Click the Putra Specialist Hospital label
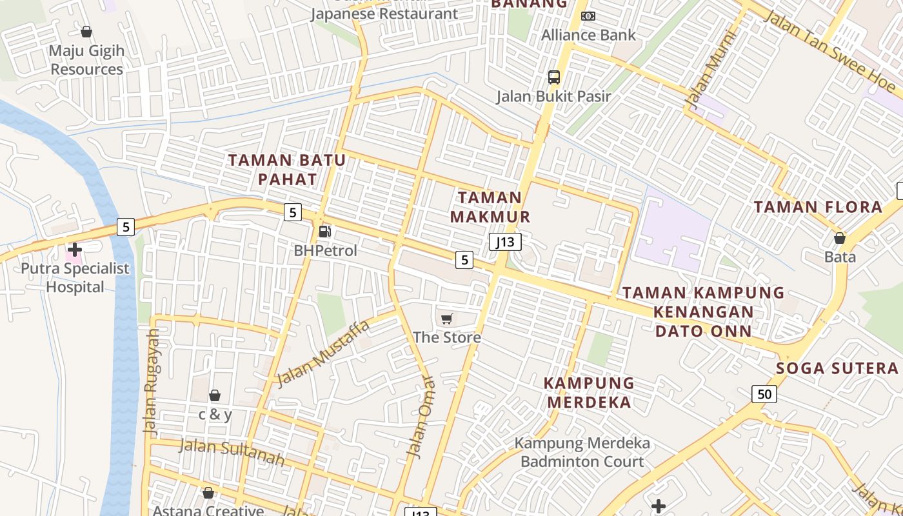[75, 278]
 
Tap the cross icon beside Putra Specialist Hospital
[75, 249]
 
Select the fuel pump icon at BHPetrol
[325, 231]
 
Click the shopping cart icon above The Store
[446, 318]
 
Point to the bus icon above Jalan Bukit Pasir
[553, 77]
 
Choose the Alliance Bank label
[588, 35]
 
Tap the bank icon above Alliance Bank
[588, 15]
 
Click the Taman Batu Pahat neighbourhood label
[287, 170]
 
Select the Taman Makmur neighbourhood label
[490, 207]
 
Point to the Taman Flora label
[818, 207]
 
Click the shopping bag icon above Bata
[840, 238]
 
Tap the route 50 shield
[764, 393]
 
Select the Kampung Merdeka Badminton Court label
[582, 452]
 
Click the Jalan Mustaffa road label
[323, 353]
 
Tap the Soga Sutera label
[837, 368]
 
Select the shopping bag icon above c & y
[215, 395]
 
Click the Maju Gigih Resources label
[86, 59]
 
